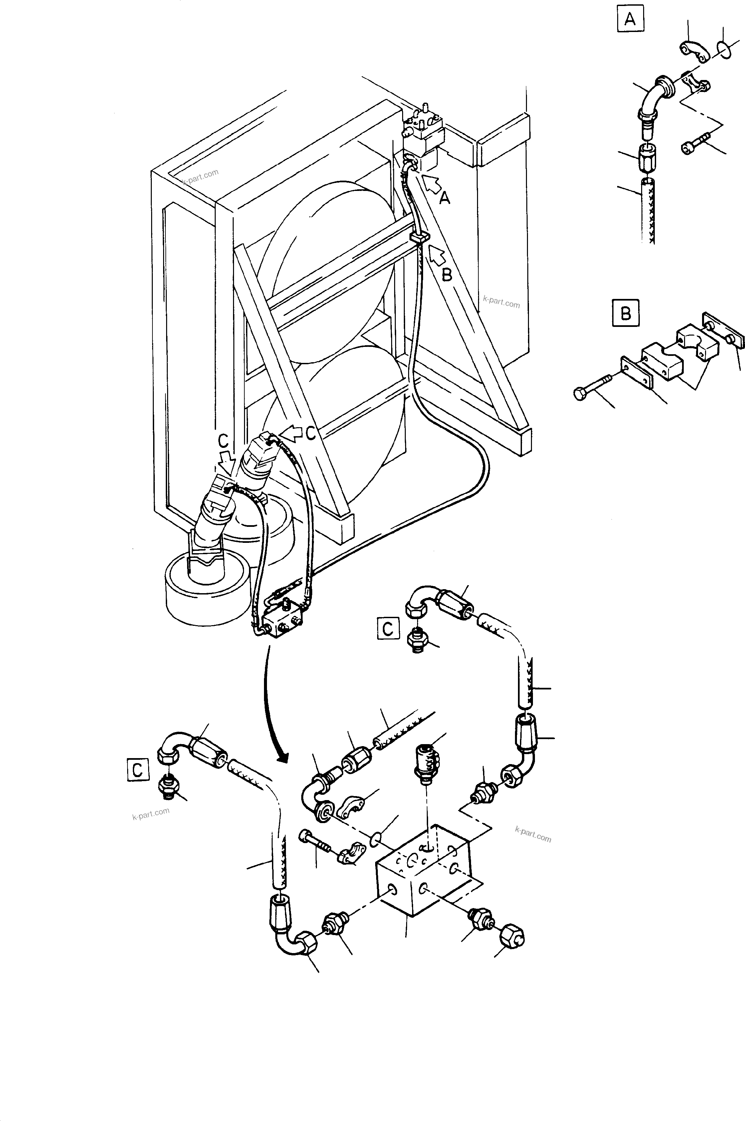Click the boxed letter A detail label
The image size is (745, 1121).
pos(630,19)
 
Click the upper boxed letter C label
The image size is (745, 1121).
pos(388,629)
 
